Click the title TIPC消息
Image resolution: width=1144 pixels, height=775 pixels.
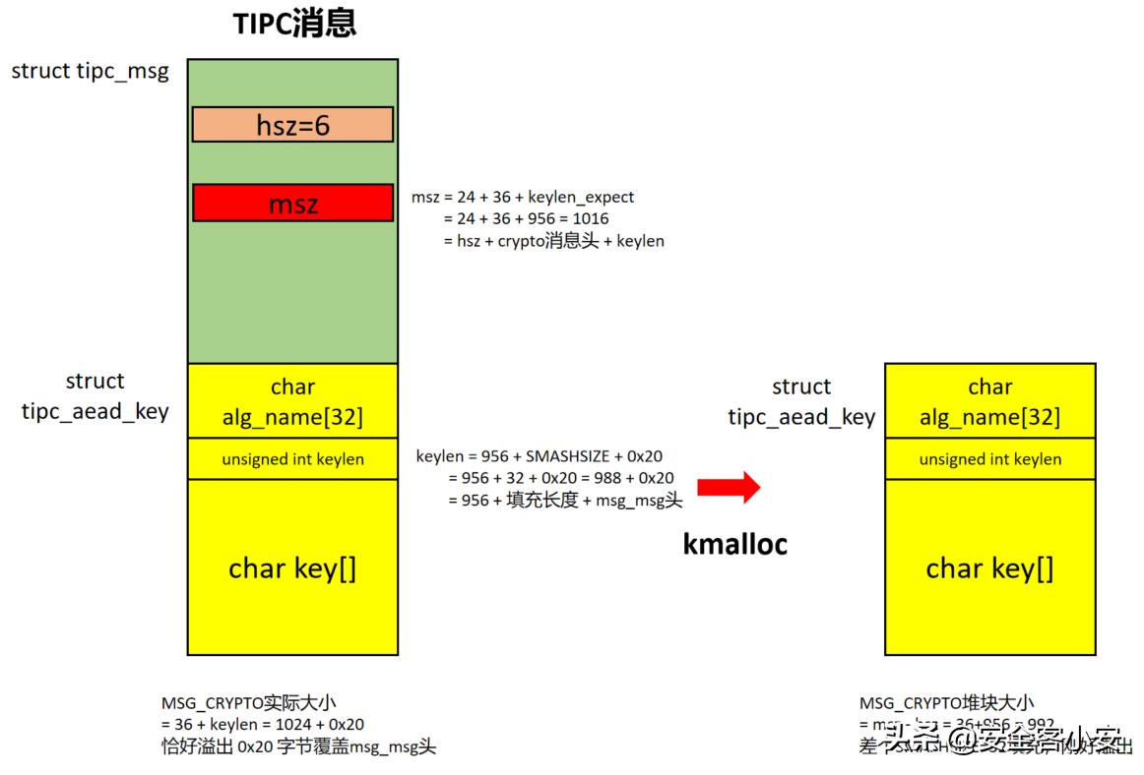point(294,24)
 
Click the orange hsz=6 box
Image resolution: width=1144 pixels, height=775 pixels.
point(292,125)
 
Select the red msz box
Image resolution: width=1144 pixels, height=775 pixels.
point(292,204)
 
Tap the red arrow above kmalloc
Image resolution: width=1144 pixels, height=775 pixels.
point(729,486)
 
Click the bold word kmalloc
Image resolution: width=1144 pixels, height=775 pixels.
point(734,544)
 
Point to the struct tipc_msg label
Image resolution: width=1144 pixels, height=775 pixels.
point(90,71)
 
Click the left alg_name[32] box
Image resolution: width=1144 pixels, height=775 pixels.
point(292,401)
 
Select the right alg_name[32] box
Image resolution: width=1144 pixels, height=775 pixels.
point(989,401)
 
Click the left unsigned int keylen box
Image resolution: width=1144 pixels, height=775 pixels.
point(292,459)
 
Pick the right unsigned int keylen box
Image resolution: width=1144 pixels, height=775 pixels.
point(989,459)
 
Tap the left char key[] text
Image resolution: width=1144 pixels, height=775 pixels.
point(292,568)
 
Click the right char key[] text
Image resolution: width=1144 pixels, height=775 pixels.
point(989,568)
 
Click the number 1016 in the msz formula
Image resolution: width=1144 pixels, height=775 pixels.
point(589,218)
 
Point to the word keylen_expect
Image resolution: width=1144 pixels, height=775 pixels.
point(581,197)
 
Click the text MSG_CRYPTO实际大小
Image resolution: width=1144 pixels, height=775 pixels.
point(255,703)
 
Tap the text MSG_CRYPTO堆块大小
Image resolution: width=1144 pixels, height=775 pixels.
point(946,703)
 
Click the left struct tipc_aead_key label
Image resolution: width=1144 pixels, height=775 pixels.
point(95,395)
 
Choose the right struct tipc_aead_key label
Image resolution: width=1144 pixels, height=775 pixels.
point(801,401)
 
